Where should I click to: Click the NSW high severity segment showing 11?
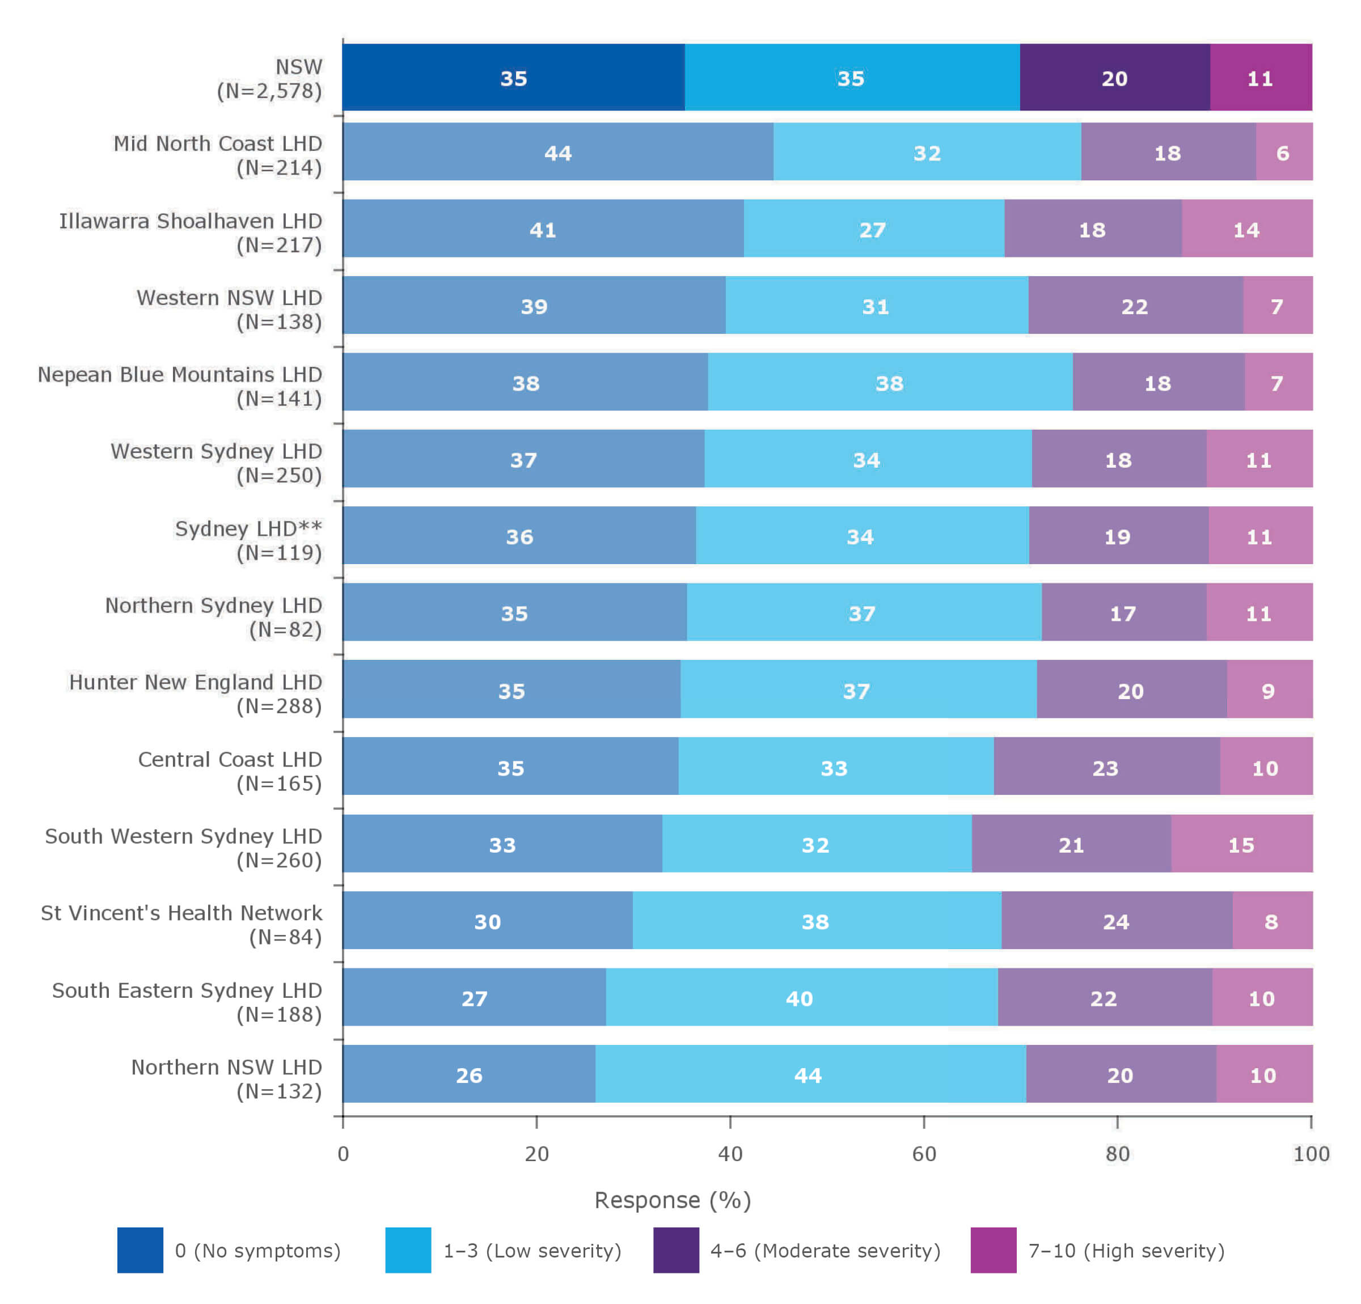tap(1260, 77)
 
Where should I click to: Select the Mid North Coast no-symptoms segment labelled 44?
tap(557, 152)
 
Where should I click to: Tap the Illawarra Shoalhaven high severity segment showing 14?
tap(1246, 229)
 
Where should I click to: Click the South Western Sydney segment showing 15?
tap(1241, 844)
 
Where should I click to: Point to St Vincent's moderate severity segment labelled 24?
tap(1116, 921)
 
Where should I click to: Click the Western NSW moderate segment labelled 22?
tap(1135, 306)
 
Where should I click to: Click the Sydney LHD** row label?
tap(248, 540)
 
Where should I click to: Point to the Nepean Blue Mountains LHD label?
tap(180, 386)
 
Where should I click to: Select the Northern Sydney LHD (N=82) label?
tap(214, 617)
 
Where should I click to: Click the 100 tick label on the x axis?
tap(1311, 1154)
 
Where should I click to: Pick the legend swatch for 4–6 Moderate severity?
tap(675, 1250)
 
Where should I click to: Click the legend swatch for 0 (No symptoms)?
tap(140, 1250)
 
